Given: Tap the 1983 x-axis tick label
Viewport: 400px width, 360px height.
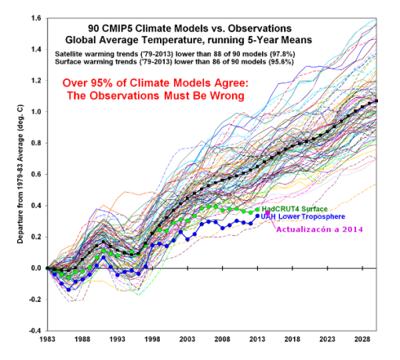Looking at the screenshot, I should [x=47, y=341].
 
